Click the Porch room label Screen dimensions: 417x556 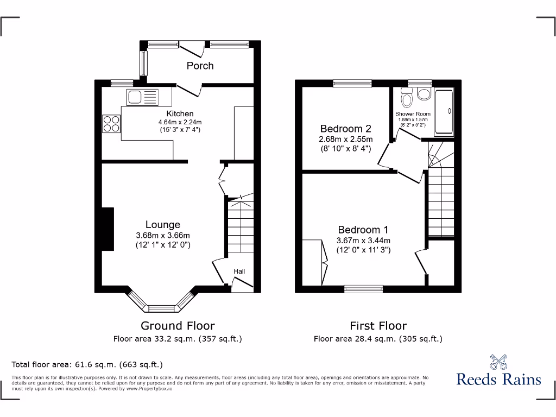coord(200,66)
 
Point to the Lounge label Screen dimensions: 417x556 coord(162,225)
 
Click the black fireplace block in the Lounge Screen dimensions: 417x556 coord(108,229)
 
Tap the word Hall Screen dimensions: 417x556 coord(239,271)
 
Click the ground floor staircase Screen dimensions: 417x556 coord(239,228)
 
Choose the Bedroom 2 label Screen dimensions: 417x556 coord(345,129)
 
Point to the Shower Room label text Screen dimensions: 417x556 coord(411,113)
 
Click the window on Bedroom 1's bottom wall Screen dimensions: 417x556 coord(363,289)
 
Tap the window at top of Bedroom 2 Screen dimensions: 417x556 coord(352,83)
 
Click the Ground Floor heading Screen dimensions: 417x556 coord(178,326)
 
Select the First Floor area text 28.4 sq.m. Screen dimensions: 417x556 coord(378,339)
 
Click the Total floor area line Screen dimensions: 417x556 coord(87,364)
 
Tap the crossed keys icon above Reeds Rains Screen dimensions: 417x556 coord(498,362)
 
